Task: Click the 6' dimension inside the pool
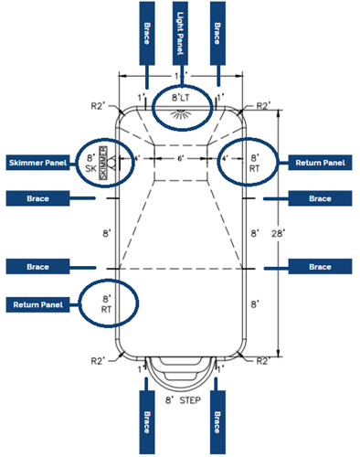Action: (180, 158)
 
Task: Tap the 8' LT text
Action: (179, 96)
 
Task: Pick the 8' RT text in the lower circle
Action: (107, 303)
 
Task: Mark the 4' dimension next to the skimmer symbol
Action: (135, 158)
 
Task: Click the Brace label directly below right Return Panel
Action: (320, 197)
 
